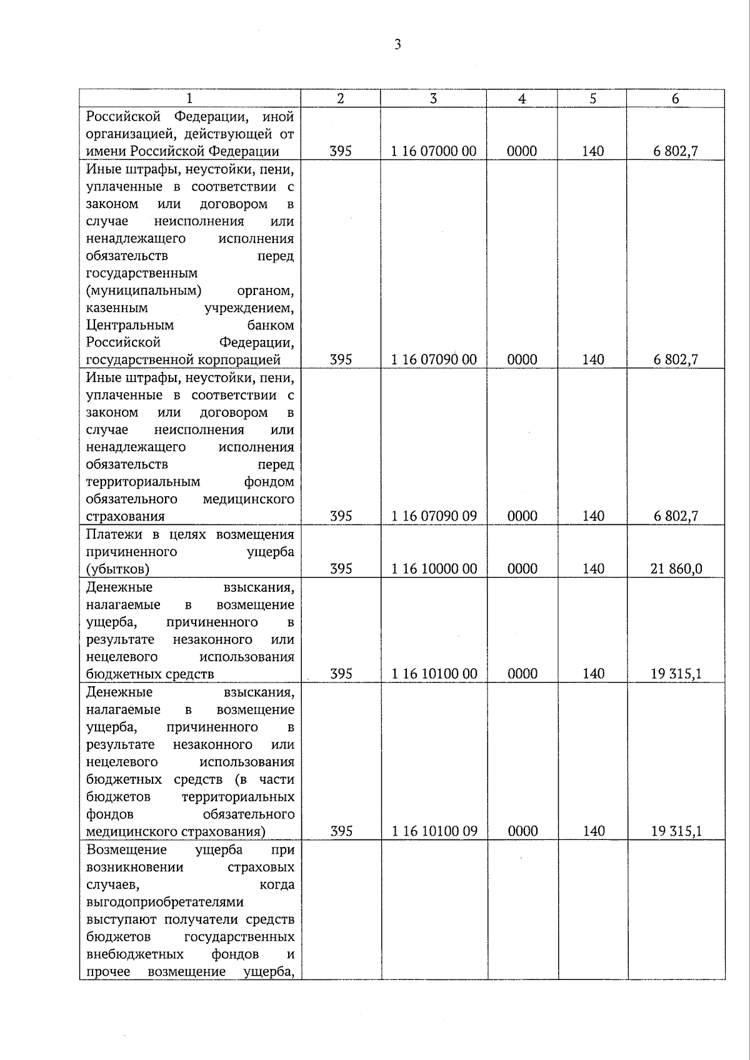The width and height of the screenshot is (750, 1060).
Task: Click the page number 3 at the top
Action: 397,44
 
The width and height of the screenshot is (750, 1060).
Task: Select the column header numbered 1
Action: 189,99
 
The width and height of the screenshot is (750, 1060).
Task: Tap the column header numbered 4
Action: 522,99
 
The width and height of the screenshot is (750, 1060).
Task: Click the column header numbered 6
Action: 676,99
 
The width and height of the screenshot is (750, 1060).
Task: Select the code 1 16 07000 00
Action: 434,151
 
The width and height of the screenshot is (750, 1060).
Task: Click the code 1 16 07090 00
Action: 434,359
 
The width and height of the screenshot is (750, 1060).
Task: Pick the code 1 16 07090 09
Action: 434,516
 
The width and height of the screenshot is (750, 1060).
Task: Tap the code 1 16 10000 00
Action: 434,569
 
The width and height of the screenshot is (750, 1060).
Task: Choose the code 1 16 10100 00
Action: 434,674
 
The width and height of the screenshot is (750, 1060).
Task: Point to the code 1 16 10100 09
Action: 434,831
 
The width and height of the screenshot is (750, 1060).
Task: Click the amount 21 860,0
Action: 676,569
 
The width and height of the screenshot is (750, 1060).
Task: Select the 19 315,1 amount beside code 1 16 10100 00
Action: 676,674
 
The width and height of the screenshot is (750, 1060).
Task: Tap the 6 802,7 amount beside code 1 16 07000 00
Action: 676,151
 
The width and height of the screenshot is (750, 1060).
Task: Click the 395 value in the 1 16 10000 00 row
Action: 341,569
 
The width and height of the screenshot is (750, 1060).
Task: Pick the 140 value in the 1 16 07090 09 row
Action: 592,516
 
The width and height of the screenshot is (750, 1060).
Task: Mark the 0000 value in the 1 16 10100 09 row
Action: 522,831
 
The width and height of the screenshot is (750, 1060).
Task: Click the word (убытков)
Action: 117,569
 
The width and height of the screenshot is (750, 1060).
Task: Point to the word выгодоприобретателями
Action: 165,902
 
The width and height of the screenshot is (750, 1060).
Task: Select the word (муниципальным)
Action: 144,291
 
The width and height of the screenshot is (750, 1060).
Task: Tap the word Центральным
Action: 130,325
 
